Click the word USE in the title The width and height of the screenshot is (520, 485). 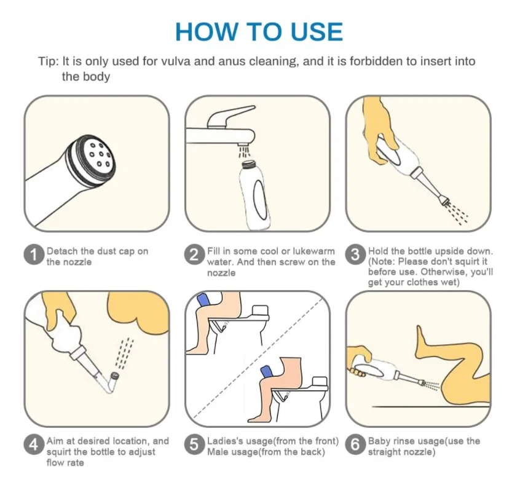coord(317,32)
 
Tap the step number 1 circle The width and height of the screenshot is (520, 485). coord(34,254)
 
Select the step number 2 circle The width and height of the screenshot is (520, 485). coord(194,254)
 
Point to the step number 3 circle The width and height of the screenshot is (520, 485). coord(355,254)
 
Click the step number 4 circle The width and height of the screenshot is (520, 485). coord(34,444)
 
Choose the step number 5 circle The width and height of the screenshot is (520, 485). coord(194,444)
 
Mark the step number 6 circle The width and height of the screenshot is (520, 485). coord(355,444)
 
